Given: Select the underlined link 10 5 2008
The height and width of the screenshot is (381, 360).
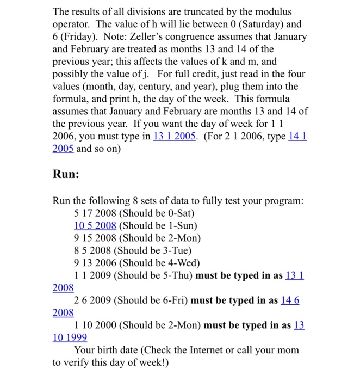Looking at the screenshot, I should point(95,225).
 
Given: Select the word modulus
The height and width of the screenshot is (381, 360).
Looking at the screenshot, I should point(274,11).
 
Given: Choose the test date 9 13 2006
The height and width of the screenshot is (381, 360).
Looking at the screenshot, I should point(95,263).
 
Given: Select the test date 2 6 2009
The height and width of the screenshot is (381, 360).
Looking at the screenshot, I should point(93,300).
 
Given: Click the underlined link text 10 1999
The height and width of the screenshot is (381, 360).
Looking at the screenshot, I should point(70,337).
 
